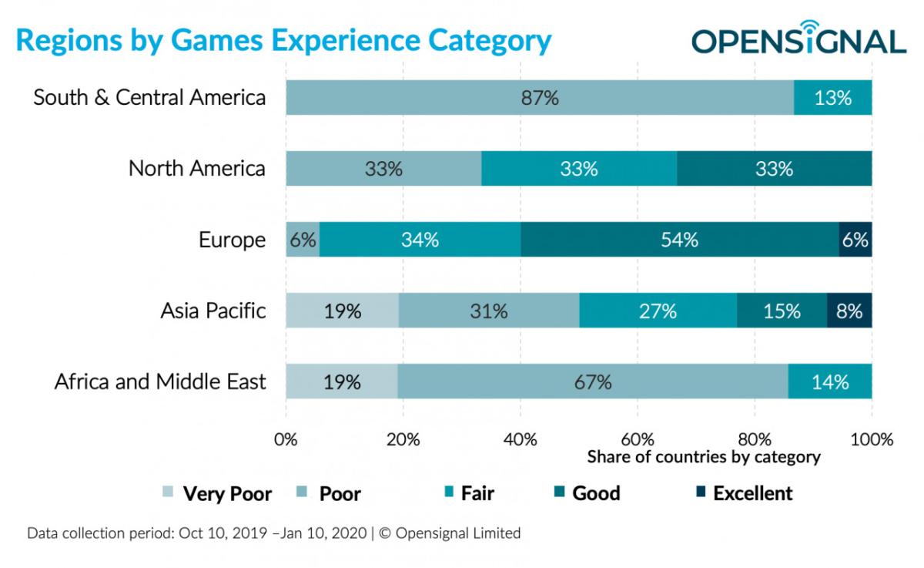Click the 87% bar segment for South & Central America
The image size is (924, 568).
[x=539, y=98]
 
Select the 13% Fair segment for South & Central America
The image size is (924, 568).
[x=832, y=98]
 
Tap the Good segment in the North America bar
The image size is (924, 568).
[x=774, y=169]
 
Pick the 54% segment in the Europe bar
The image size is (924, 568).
[x=679, y=240]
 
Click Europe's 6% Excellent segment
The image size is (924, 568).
[x=855, y=240]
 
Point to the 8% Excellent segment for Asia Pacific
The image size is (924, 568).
[x=849, y=311]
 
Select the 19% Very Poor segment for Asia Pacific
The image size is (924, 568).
[x=342, y=311]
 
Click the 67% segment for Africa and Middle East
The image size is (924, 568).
[x=592, y=381]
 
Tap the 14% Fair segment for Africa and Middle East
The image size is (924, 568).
[x=830, y=381]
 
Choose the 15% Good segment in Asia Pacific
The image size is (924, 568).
[x=782, y=311]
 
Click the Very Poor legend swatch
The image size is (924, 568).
[x=169, y=493]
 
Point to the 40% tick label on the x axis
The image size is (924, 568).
[x=520, y=440]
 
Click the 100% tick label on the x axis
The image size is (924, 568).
[x=871, y=440]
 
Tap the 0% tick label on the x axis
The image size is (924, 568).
[x=286, y=440]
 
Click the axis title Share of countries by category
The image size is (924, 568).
[x=703, y=457]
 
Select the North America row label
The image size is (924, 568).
[x=196, y=169]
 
